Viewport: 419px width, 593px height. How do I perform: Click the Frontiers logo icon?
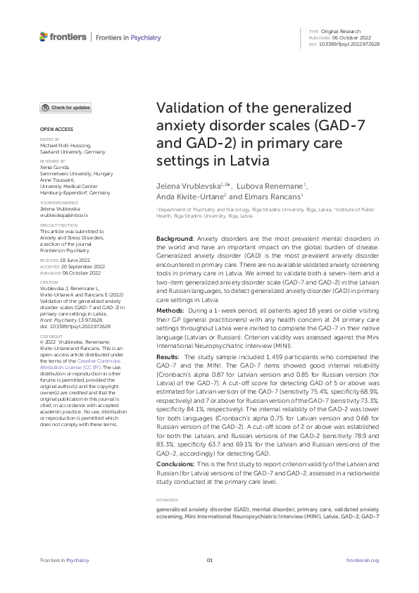(x=44, y=37)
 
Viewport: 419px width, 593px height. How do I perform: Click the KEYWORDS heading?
(x=167, y=500)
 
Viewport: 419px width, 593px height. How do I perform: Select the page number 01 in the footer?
(x=209, y=560)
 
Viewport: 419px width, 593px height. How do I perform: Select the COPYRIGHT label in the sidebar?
(x=51, y=337)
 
